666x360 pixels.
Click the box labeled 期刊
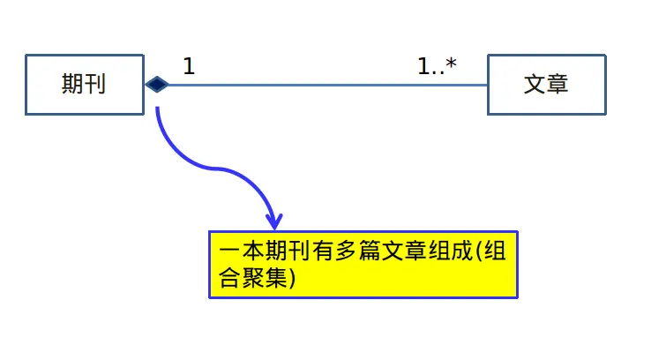(x=85, y=85)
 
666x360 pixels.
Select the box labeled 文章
(x=546, y=85)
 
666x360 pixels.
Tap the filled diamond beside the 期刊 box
(x=157, y=85)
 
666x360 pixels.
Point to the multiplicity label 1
(x=189, y=65)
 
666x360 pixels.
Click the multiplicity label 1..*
(x=437, y=65)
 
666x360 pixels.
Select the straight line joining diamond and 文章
(x=326, y=86)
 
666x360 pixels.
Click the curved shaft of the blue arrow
(x=203, y=165)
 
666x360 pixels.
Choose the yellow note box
(x=363, y=265)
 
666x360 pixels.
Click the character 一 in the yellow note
(x=229, y=251)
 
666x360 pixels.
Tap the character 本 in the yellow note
(x=252, y=251)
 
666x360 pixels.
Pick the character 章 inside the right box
(x=557, y=85)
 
